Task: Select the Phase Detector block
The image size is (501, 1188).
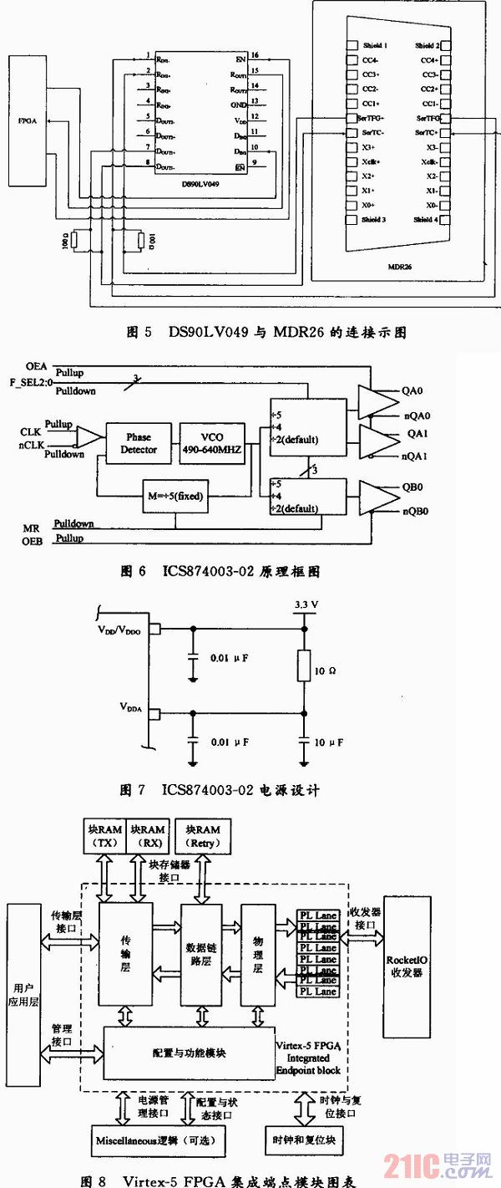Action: [138, 443]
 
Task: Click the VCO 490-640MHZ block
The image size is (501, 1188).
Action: [212, 443]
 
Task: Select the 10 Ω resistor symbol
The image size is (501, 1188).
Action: [304, 669]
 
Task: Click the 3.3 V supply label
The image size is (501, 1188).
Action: [306, 604]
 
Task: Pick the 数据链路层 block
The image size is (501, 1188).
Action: [200, 955]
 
